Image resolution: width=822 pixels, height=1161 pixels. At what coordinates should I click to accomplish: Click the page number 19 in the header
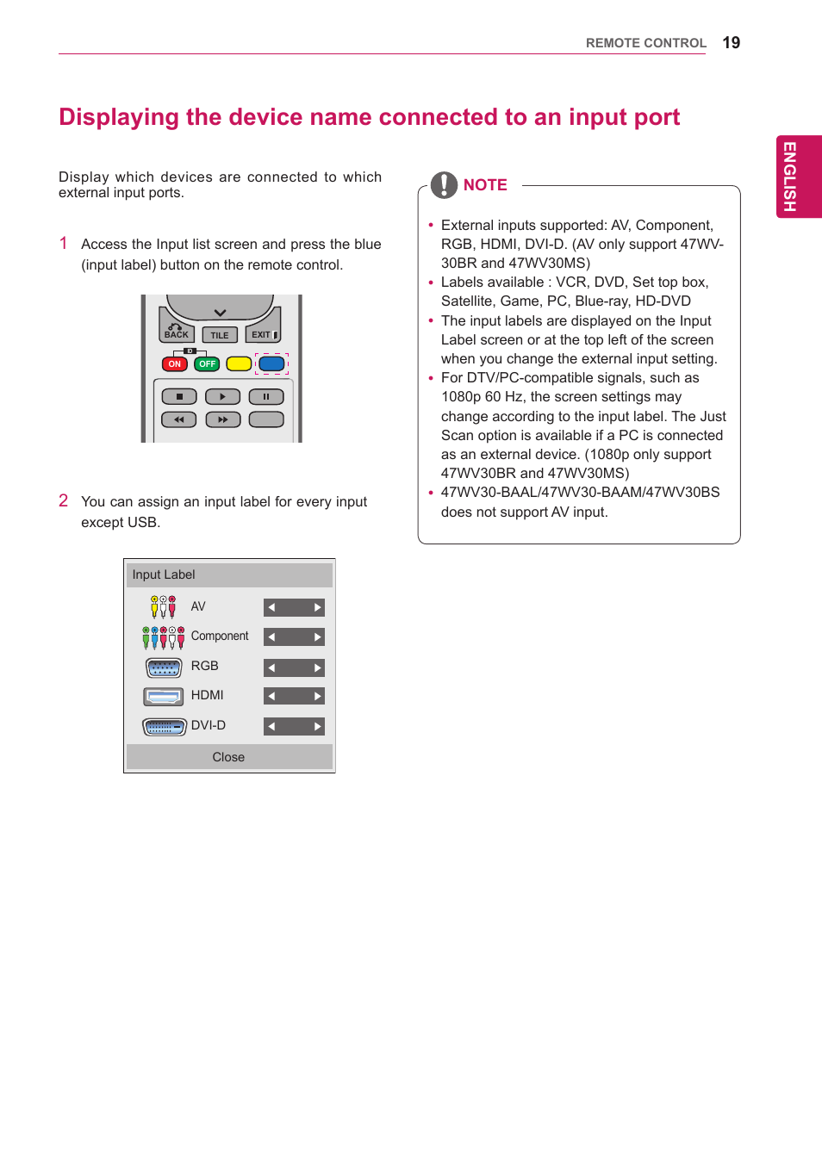click(x=731, y=43)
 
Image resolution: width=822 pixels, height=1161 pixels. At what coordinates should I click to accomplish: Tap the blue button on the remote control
click(x=271, y=363)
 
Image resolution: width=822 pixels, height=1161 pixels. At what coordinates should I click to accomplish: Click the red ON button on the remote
click(x=175, y=364)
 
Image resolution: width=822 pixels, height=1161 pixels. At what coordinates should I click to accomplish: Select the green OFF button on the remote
click(x=207, y=364)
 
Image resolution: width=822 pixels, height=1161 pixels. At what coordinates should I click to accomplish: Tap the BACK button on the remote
click(x=176, y=332)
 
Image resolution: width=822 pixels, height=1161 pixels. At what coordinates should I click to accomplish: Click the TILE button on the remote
click(x=220, y=335)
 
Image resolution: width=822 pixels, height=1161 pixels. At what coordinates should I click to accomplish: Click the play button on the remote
click(x=222, y=397)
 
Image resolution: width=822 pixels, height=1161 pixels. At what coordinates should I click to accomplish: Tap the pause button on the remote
click(x=266, y=397)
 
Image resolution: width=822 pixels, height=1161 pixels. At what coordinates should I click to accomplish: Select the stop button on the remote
click(x=179, y=397)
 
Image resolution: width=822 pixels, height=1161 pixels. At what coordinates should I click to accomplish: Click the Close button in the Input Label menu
click(x=228, y=757)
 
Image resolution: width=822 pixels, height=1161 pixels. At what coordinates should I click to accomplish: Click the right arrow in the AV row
click(x=318, y=607)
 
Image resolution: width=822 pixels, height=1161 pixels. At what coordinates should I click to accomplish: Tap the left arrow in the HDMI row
click(x=271, y=696)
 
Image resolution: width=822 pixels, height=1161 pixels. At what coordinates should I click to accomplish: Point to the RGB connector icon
click(x=164, y=667)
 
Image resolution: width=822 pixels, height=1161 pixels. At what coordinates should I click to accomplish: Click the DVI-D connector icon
click(x=164, y=727)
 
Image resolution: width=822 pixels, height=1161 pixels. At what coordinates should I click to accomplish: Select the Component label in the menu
click(x=220, y=636)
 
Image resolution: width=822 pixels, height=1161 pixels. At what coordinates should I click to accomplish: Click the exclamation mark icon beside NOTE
click(x=444, y=185)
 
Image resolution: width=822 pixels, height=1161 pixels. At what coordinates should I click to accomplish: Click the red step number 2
click(x=64, y=500)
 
